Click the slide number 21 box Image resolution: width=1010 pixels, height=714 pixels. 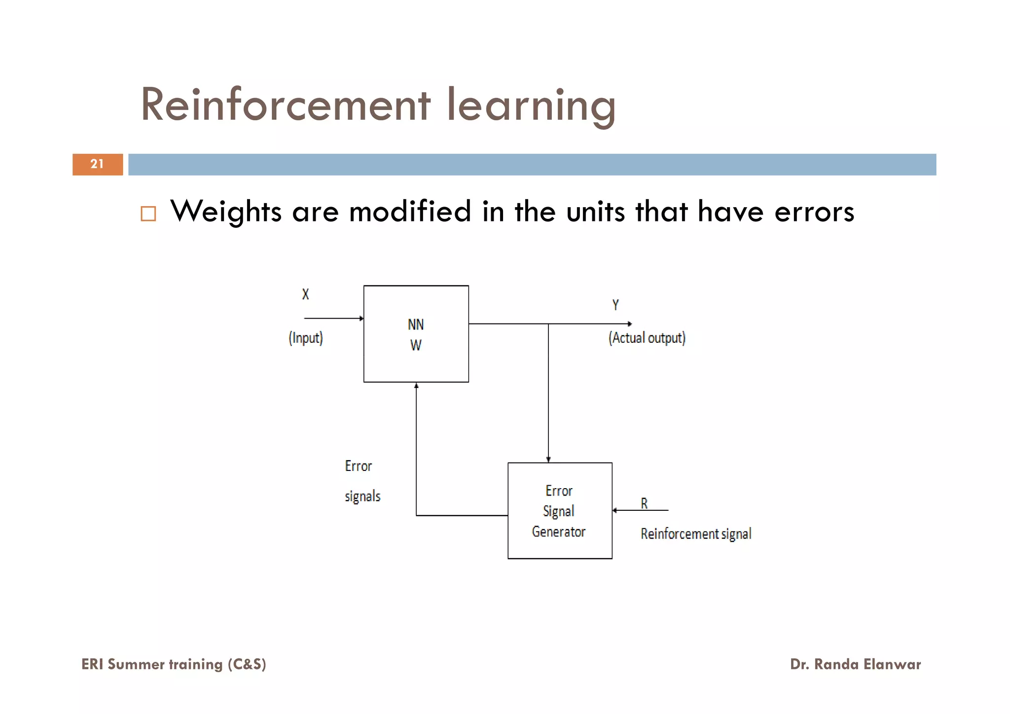[97, 164]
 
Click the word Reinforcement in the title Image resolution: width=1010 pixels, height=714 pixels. [286, 105]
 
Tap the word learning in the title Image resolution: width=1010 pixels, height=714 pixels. [531, 106]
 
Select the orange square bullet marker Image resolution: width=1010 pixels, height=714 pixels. [148, 214]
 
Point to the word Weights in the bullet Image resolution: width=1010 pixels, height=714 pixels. [226, 212]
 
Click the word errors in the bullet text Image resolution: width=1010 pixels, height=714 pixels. [814, 212]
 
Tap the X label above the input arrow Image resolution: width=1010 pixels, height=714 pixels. [306, 294]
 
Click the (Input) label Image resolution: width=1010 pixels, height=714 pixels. [306, 338]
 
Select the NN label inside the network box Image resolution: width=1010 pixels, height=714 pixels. [416, 324]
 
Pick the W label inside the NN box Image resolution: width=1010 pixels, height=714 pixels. [416, 345]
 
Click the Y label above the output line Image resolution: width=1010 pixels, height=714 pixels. [615, 305]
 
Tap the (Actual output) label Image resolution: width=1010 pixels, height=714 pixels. [647, 338]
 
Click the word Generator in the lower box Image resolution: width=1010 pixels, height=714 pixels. [559, 532]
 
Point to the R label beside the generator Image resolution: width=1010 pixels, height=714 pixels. [644, 503]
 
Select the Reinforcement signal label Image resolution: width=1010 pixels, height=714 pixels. [696, 534]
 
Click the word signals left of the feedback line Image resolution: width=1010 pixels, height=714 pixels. [362, 496]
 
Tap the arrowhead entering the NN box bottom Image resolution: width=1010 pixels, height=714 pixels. [416, 386]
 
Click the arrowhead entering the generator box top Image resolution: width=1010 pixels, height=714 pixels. [548, 460]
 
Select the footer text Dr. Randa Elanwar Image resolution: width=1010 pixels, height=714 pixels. [855, 664]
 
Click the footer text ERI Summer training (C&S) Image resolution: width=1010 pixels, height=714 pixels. [174, 664]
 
